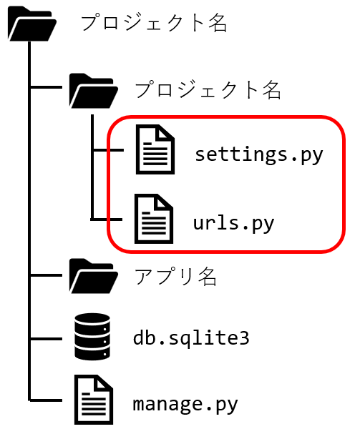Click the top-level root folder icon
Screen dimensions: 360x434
tap(32, 24)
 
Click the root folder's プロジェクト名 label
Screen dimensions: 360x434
tap(154, 24)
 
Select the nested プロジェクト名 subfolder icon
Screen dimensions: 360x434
tap(94, 91)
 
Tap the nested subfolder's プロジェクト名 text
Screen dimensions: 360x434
tap(208, 89)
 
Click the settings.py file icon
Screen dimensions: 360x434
tap(155, 149)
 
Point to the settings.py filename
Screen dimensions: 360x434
tap(259, 155)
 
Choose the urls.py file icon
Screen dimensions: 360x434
tap(154, 219)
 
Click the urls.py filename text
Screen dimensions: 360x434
tap(233, 223)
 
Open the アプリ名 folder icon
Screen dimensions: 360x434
tap(94, 276)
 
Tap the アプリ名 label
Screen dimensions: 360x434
tap(175, 276)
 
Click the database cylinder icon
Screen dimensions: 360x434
tap(92, 337)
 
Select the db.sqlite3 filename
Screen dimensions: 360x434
tap(191, 337)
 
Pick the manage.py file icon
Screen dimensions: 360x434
tap(94, 400)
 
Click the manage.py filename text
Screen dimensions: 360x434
tap(185, 405)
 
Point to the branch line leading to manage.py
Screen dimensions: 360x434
tap(46, 400)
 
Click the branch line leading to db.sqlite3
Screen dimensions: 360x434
tap(46, 338)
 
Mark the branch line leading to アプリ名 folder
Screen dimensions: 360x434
tap(46, 275)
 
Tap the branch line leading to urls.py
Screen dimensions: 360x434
tap(107, 220)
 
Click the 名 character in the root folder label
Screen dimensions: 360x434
tap(218, 24)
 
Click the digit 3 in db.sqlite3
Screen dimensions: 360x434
tap(244, 338)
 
